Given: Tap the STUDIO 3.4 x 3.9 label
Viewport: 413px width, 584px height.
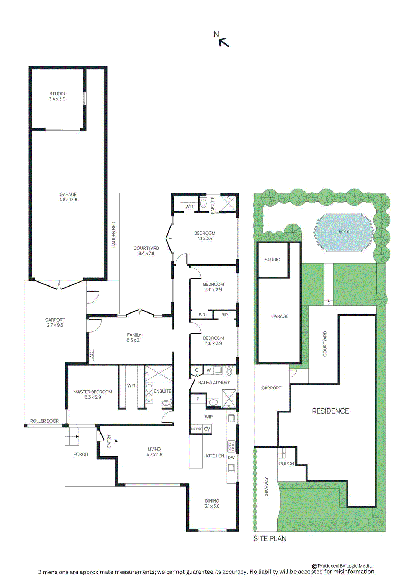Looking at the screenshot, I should click(57, 96).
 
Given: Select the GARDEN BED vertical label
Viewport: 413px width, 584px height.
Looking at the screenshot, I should click(114, 235).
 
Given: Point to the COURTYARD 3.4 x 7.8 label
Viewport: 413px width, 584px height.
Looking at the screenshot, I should click(146, 251).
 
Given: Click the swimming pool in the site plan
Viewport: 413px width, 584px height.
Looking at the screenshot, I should click(344, 232).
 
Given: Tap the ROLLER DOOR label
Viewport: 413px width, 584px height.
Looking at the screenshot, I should click(44, 421).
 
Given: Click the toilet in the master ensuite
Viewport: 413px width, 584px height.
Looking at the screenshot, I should click(167, 403).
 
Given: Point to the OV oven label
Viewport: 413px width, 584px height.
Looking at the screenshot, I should click(207, 429).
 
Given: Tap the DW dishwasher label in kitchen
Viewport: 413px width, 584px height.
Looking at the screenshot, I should click(231, 457).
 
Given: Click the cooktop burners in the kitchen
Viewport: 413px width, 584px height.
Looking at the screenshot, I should click(231, 446).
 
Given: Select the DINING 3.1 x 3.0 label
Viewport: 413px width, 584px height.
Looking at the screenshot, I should click(212, 503).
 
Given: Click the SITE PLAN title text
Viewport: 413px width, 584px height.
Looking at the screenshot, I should click(270, 538).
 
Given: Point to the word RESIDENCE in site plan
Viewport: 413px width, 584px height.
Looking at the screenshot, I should click(330, 411).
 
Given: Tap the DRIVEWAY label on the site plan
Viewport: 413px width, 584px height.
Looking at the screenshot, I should click(266, 487).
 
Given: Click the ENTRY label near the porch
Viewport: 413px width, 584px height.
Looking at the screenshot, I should click(109, 441).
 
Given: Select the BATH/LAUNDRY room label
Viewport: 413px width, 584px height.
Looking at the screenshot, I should click(214, 383).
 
